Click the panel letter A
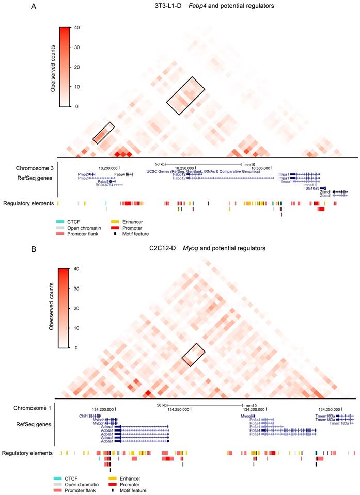point(34,7)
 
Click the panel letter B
point(34,248)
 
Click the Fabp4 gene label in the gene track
point(120,174)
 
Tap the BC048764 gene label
point(105,185)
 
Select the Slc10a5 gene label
point(312,188)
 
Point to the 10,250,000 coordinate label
point(184,168)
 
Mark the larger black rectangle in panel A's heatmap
point(185,96)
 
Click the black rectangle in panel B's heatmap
point(193,355)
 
